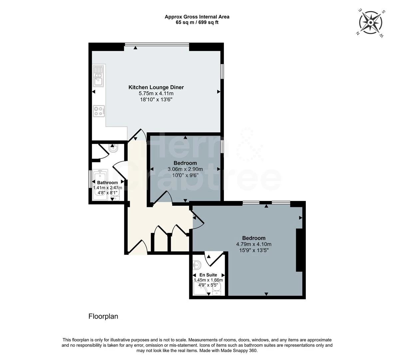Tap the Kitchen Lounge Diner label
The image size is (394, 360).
(x=156, y=87)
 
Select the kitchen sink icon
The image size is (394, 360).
(x=99, y=76)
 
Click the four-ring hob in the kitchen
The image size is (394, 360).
(x=99, y=111)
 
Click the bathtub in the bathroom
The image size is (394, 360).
(x=100, y=185)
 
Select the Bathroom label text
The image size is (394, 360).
(x=107, y=183)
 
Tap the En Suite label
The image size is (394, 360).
(x=208, y=275)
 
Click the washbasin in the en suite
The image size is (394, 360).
(x=197, y=265)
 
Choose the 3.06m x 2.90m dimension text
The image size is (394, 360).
(x=185, y=169)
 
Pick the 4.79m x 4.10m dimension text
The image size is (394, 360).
(x=253, y=244)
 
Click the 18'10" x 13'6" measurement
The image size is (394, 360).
(x=156, y=99)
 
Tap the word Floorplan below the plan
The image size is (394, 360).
(x=103, y=316)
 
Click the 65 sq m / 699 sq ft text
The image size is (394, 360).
(x=197, y=22)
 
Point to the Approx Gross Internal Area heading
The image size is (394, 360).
(x=197, y=17)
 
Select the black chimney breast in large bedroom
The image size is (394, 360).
(x=299, y=250)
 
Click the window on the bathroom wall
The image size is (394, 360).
(x=90, y=180)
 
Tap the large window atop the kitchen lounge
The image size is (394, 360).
(x=157, y=44)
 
